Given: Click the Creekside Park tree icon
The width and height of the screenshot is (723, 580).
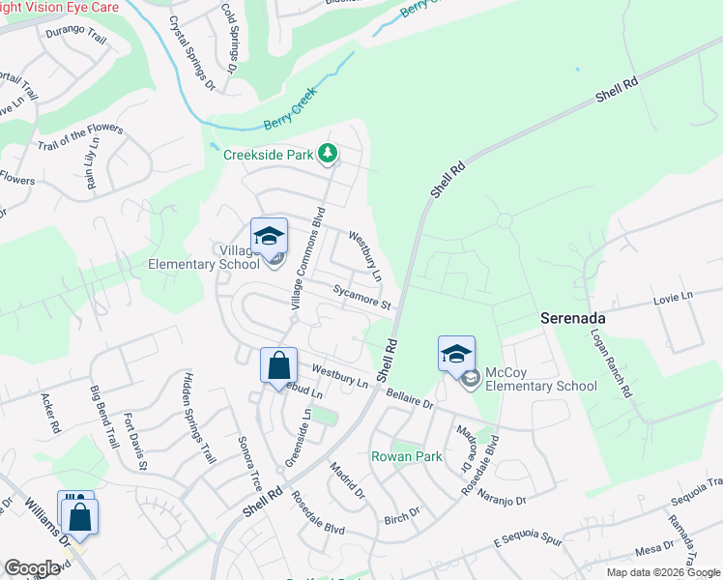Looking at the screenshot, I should point(329,153).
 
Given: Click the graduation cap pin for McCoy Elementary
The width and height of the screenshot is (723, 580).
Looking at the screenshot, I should point(456,354).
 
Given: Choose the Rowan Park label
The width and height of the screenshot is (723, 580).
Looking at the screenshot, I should point(406,455).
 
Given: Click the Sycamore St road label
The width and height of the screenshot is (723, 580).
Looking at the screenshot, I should point(361,298).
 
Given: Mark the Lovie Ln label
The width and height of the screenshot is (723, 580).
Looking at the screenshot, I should point(673,295).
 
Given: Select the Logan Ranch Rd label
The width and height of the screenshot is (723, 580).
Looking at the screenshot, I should point(612,362).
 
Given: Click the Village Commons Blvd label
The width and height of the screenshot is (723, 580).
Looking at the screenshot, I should point(307,257).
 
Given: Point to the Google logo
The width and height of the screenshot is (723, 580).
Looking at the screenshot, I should point(32,568).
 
